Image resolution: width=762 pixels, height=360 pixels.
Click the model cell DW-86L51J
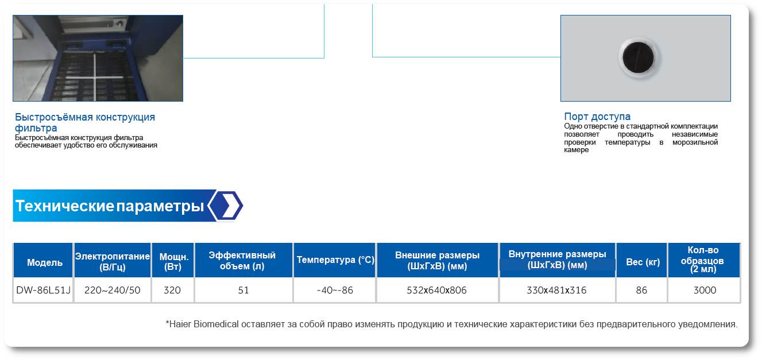(x=43, y=291)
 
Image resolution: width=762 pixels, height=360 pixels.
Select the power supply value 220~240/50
(x=112, y=291)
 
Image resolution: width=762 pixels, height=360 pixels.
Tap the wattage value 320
(x=172, y=291)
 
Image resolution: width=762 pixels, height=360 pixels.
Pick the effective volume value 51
(x=243, y=291)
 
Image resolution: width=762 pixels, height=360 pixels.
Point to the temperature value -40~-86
(x=335, y=291)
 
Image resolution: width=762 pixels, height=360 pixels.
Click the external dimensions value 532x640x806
(x=436, y=291)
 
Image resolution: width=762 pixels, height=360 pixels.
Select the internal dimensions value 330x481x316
(x=556, y=291)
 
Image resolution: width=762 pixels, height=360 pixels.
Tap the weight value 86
(x=641, y=291)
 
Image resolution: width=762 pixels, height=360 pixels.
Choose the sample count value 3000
(x=705, y=291)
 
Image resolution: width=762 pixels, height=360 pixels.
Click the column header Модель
(x=45, y=262)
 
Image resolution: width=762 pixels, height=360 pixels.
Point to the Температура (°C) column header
(x=335, y=260)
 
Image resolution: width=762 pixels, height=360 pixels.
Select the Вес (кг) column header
(x=643, y=262)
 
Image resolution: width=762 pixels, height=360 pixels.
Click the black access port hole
(x=638, y=57)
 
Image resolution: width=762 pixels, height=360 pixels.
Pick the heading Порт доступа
(x=597, y=117)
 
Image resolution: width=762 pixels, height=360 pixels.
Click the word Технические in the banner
(x=65, y=206)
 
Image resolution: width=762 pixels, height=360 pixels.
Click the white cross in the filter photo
(x=95, y=78)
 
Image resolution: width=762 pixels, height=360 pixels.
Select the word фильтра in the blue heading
(x=36, y=128)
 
